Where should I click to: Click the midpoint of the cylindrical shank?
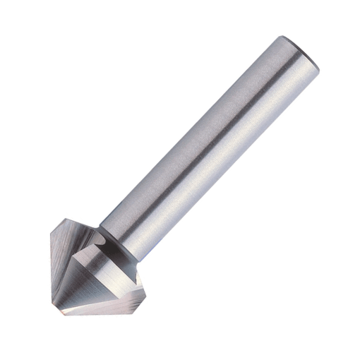coord(205,145)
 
